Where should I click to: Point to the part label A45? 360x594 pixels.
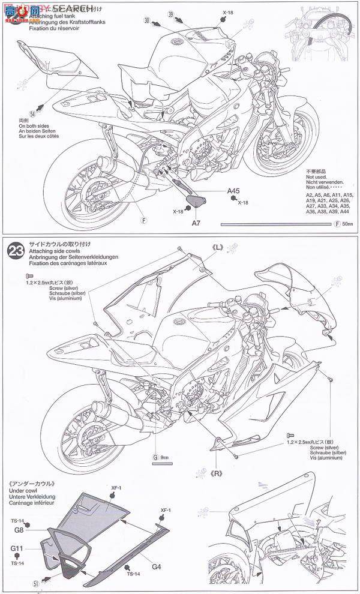234,191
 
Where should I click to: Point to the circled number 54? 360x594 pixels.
32,113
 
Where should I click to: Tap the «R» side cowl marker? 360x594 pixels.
217,473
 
